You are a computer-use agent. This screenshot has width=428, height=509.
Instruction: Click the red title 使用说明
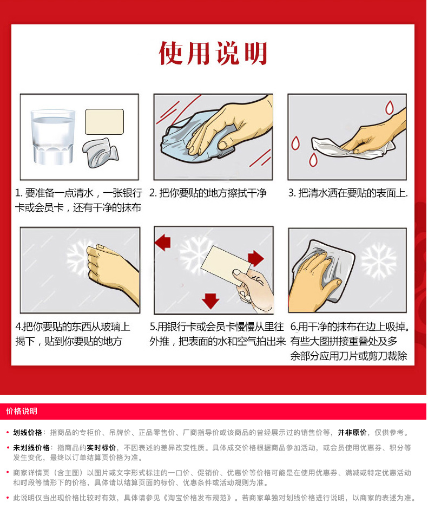(213, 53)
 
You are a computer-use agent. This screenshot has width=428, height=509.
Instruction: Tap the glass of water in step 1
(53, 138)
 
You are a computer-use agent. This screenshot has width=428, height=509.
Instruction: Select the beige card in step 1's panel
(104, 122)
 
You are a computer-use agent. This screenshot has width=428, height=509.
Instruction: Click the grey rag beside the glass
(100, 153)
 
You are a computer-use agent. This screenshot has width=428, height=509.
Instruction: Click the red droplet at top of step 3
(390, 107)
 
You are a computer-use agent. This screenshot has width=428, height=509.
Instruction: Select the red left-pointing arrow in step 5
(163, 242)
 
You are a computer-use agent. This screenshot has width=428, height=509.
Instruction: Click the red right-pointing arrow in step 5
(256, 258)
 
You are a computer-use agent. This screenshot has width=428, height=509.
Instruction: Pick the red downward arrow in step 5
(210, 301)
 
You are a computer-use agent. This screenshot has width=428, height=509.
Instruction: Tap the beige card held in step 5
(226, 265)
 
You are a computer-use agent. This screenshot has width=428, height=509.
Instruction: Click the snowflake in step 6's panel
(379, 262)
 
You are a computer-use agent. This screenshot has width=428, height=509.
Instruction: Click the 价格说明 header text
(22, 412)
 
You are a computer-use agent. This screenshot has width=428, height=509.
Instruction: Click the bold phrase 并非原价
(352, 433)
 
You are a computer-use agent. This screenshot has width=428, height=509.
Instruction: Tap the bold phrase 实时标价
(101, 448)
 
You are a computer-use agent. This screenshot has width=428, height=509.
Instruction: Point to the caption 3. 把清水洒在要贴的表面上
(348, 193)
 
